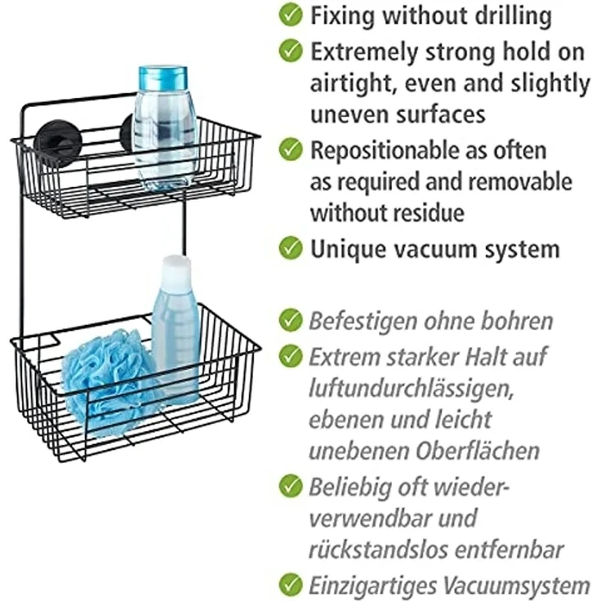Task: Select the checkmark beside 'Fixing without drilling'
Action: [x=291, y=15]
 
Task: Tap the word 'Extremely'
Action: [x=364, y=52]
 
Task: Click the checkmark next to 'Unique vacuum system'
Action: [x=291, y=247]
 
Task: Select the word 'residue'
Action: [x=431, y=213]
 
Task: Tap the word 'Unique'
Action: [x=348, y=250]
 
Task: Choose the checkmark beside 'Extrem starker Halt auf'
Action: [x=291, y=355]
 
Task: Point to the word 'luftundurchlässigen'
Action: [x=411, y=389]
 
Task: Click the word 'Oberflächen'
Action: [x=478, y=451]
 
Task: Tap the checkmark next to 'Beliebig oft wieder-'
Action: [x=291, y=485]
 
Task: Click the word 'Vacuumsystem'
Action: [x=517, y=585]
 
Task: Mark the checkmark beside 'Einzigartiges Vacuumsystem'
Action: [x=291, y=585]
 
